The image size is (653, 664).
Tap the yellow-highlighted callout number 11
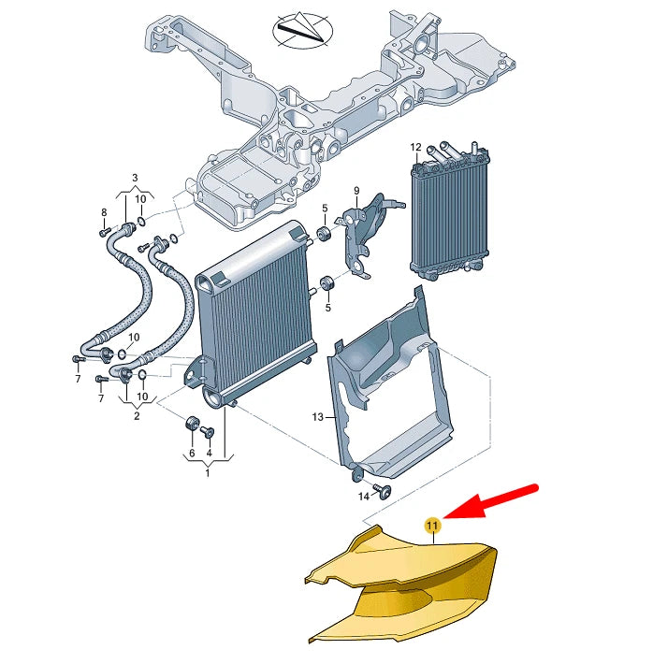click(432, 527)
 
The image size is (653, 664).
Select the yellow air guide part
click(402, 585)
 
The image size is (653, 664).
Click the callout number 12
click(416, 147)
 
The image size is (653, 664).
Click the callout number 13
click(317, 416)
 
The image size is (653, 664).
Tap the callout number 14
click(365, 498)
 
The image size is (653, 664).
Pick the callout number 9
click(356, 191)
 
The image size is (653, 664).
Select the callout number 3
click(134, 178)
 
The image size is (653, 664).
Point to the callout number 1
click(208, 473)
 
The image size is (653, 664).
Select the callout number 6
click(192, 454)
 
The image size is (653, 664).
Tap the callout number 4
click(210, 454)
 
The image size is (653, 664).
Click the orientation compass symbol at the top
click(301, 31)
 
